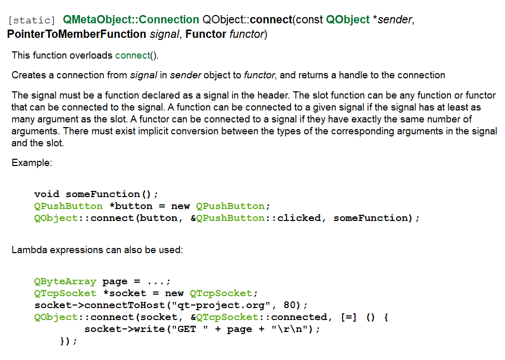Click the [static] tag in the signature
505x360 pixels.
click(32, 20)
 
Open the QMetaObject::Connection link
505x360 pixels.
click(131, 20)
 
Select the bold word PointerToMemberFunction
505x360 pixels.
click(77, 34)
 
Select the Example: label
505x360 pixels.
click(32, 163)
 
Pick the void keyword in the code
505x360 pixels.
click(47, 194)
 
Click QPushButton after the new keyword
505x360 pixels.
click(230, 206)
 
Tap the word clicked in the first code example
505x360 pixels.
click(299, 218)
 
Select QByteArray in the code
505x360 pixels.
click(65, 282)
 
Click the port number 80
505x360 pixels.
click(290, 305)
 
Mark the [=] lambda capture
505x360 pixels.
click(349, 317)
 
